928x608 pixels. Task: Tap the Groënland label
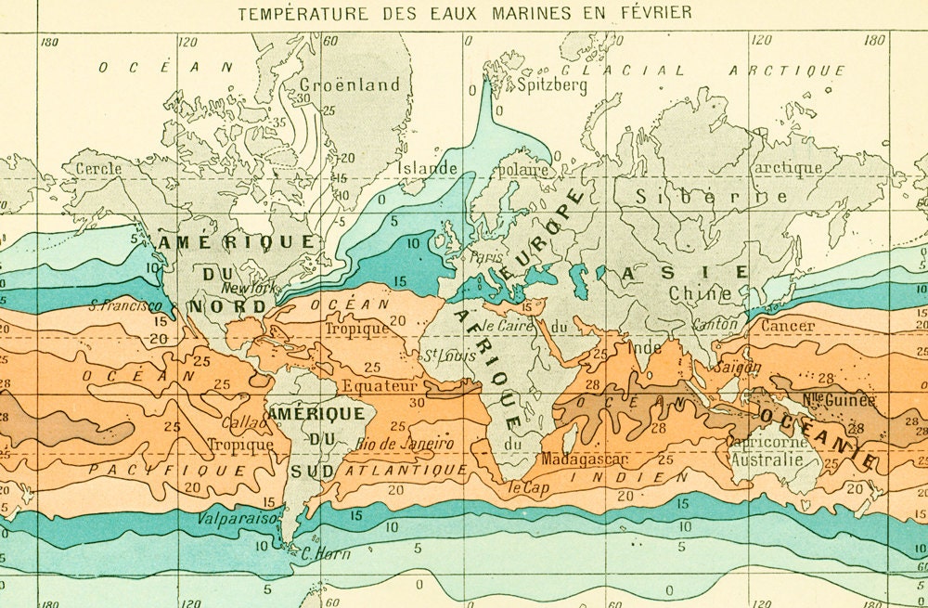(x=350, y=84)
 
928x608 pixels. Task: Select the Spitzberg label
(x=552, y=85)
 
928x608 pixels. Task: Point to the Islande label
(x=428, y=169)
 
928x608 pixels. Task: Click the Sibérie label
(x=713, y=196)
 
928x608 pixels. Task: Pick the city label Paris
(x=485, y=257)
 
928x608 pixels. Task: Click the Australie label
(x=767, y=459)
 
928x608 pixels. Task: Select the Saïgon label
(x=738, y=367)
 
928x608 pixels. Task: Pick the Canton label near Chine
(x=715, y=325)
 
